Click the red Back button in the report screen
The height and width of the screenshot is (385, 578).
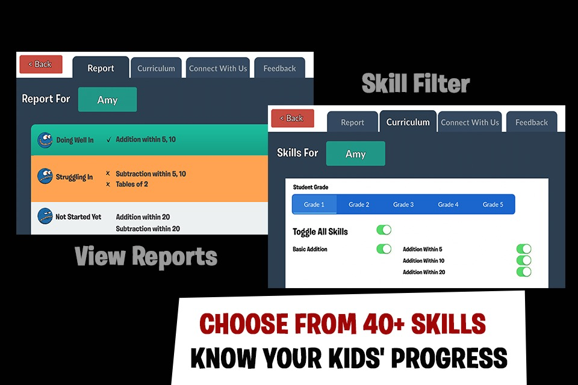[41, 64]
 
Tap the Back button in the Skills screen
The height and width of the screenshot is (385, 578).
[293, 119]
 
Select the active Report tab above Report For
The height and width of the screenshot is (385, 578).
[101, 68]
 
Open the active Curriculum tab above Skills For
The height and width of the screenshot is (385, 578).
[408, 122]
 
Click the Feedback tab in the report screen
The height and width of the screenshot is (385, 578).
[279, 68]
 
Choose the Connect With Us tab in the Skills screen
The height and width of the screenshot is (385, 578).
[470, 122]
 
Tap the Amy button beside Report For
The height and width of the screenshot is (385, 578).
[107, 99]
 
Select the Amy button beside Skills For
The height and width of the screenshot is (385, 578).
[355, 153]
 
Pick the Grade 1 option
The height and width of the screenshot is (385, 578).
[314, 205]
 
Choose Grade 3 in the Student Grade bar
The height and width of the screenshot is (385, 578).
[403, 205]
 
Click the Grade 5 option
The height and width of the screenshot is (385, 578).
[493, 205]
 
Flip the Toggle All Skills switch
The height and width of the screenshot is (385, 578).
[384, 230]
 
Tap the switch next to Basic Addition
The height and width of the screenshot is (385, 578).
[384, 248]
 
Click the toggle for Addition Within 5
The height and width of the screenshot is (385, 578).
[524, 248]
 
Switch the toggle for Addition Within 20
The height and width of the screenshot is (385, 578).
[524, 272]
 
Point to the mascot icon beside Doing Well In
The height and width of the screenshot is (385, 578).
[45, 140]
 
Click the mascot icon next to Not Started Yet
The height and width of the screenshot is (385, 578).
[45, 217]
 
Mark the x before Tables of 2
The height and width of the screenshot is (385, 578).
[108, 184]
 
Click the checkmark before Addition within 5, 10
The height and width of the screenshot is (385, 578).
[109, 140]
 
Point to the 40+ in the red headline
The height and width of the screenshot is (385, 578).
[384, 324]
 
